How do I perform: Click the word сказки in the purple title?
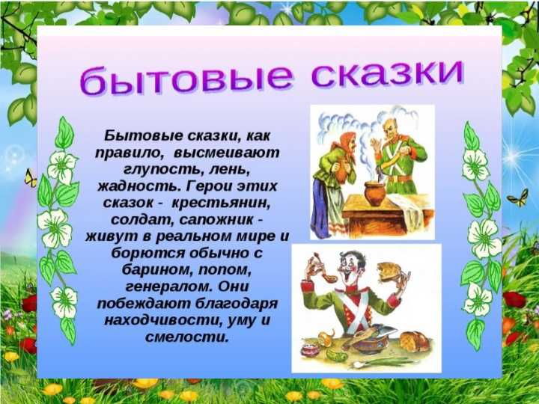tap(388, 75)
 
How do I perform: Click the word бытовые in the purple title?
tap(186, 80)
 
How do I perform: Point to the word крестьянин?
tap(221, 203)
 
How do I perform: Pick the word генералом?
tap(168, 287)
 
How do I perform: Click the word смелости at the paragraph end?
tap(187, 337)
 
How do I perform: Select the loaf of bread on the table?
tap(415, 340)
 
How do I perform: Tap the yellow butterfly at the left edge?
tap(30, 178)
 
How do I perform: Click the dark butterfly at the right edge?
tap(518, 198)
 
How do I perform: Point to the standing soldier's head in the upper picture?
tap(392, 130)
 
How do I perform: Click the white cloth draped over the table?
tap(409, 210)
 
